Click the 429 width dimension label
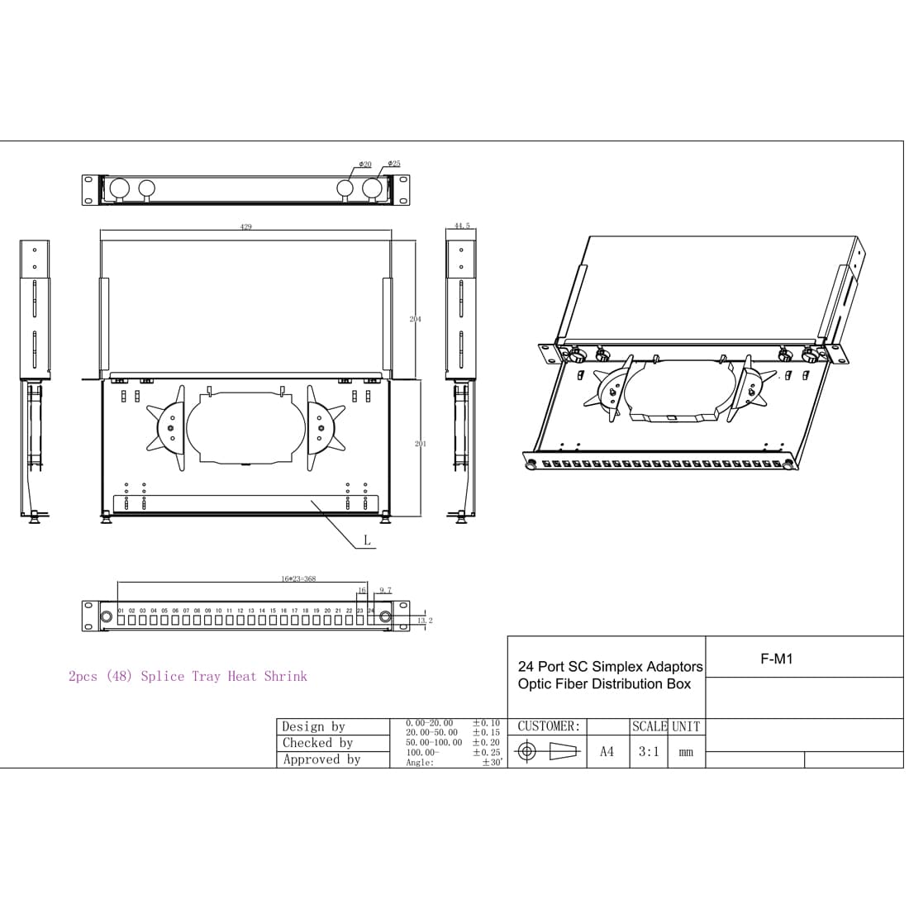246,226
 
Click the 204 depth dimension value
416,319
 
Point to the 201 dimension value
421,444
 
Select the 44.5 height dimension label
462,225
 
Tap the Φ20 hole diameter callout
365,164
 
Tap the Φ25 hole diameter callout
394,164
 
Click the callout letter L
367,541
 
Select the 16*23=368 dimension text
298,579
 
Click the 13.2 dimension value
425,620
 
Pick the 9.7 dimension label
385,590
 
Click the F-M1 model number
776,659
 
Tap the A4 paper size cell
607,752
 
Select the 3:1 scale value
649,752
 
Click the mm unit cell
686,753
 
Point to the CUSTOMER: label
549,726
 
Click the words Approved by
321,759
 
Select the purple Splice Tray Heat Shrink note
188,676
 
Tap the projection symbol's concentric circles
528,752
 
